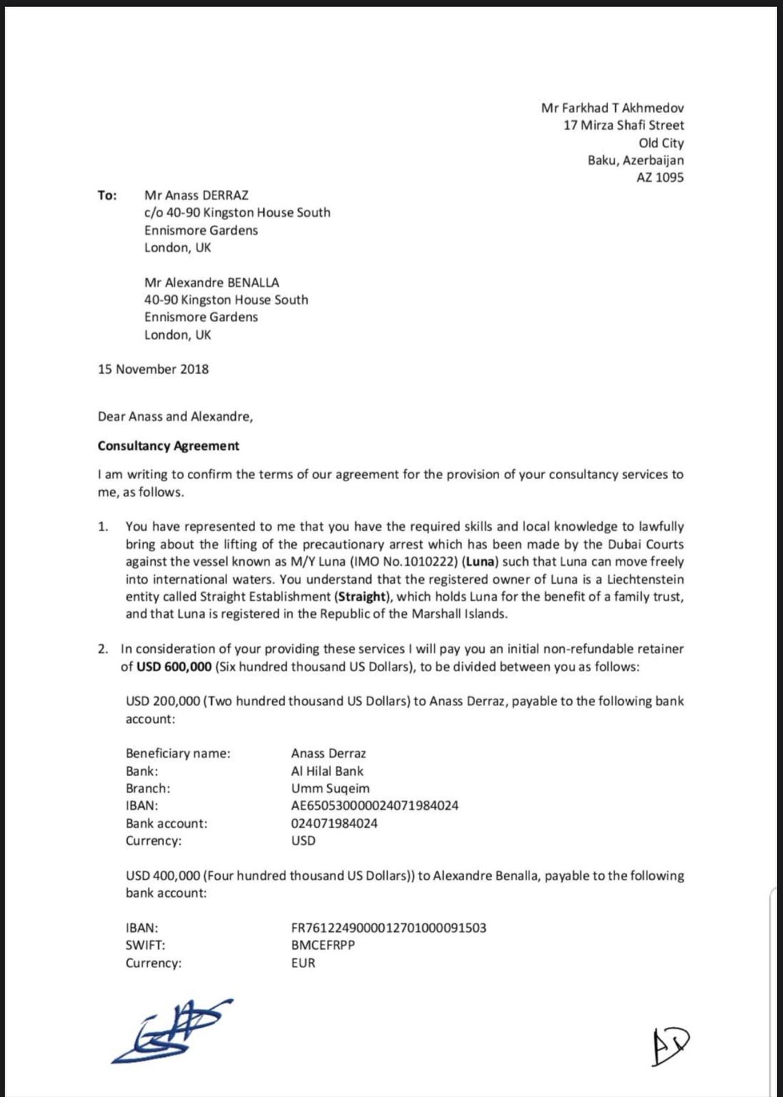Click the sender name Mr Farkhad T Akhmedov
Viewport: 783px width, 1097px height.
point(612,108)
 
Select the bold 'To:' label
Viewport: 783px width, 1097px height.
point(108,195)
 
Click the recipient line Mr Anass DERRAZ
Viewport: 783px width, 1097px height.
point(196,195)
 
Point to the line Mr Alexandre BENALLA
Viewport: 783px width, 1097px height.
point(211,282)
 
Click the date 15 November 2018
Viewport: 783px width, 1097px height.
point(153,369)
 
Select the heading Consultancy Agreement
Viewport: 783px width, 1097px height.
point(168,446)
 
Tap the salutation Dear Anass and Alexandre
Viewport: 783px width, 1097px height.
point(175,416)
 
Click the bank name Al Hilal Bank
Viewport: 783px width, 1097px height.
point(327,771)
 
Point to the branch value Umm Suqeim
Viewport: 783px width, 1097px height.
point(330,788)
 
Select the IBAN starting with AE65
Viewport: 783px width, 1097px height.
point(374,806)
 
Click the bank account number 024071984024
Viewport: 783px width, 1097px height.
point(334,823)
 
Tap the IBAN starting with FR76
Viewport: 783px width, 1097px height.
point(388,928)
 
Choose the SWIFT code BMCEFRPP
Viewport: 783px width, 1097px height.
point(323,945)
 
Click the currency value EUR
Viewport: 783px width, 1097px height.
point(303,963)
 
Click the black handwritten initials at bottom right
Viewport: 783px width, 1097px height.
point(669,1048)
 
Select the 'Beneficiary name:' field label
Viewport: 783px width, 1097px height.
point(178,754)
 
